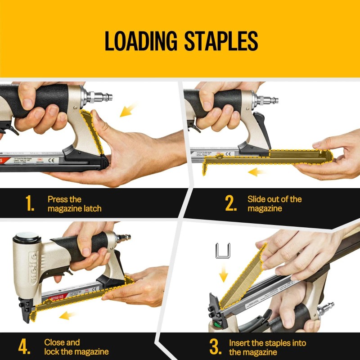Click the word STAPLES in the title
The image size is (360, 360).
point(221,41)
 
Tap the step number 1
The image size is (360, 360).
point(30,204)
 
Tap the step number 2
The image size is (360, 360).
point(231,204)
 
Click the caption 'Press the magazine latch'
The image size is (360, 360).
point(74,204)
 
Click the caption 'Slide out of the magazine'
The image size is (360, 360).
point(274,204)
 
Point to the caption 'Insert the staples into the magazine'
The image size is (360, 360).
point(267,347)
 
